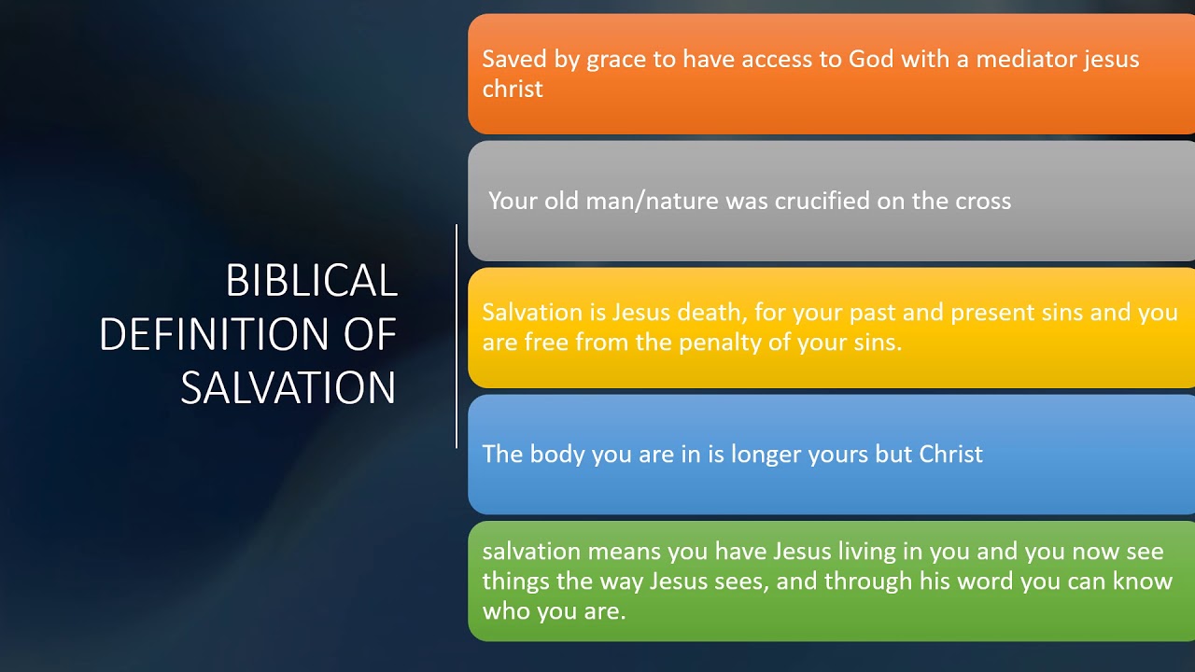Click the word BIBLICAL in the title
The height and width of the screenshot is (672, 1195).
312,281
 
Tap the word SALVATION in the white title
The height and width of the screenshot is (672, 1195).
288,388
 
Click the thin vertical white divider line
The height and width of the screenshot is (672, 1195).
457,336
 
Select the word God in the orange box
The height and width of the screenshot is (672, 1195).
870,60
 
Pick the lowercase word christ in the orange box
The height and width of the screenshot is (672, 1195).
513,89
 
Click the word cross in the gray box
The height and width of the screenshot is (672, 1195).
982,201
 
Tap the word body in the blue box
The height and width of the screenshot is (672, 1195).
556,455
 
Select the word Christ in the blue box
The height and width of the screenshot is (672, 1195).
950,455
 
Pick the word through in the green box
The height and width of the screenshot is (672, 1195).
868,581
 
